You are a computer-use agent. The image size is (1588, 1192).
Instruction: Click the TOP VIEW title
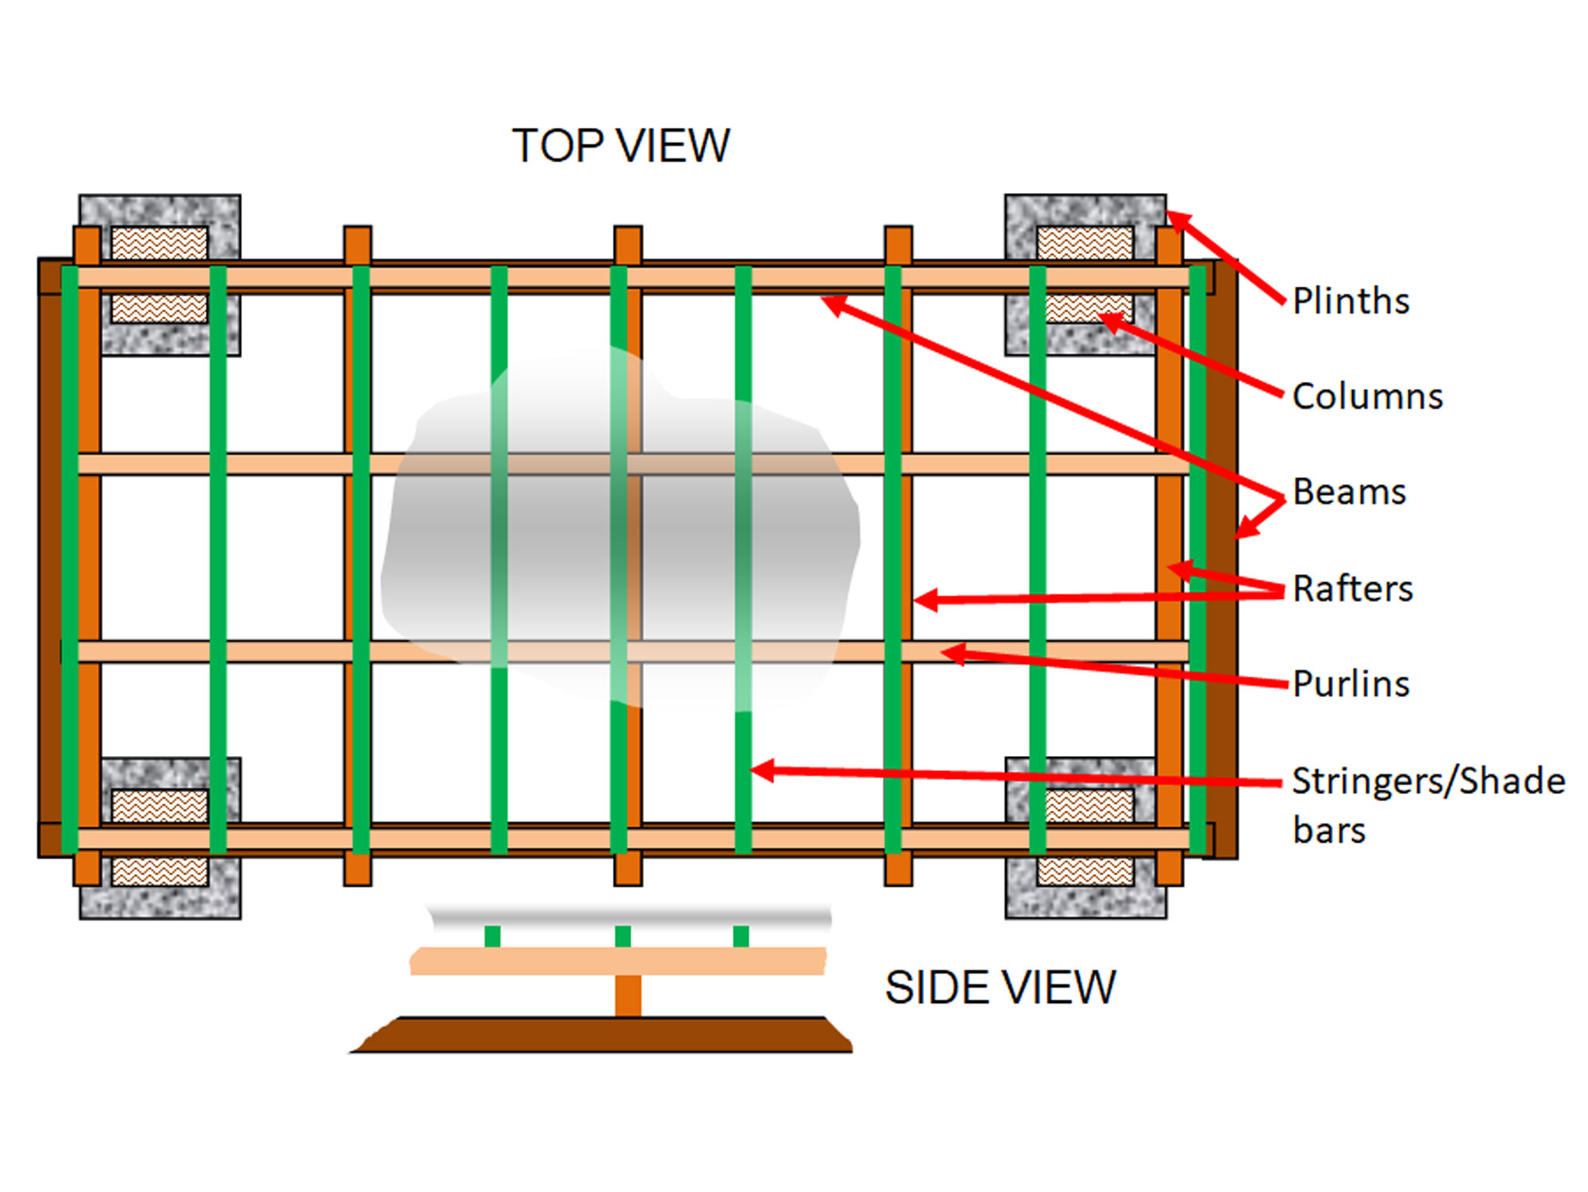620,146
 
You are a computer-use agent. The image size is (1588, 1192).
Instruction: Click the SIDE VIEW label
1000,987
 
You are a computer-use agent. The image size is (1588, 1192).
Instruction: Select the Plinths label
1351,301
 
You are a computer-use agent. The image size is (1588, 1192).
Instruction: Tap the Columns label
1366,396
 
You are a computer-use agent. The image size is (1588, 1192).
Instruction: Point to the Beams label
1349,492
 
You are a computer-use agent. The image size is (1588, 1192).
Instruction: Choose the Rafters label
1352,588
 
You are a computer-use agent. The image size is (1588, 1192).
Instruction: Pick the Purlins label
1351,684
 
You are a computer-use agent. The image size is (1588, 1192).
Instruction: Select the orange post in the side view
627,996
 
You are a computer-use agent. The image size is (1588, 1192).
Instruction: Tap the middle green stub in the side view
622,936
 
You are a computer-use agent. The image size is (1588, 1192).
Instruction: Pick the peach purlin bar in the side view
618,961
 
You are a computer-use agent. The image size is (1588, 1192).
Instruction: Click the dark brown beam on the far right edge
1224,556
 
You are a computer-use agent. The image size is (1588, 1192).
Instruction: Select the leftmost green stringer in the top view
70,556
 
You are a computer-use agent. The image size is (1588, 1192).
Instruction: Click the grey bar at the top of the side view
627,916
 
